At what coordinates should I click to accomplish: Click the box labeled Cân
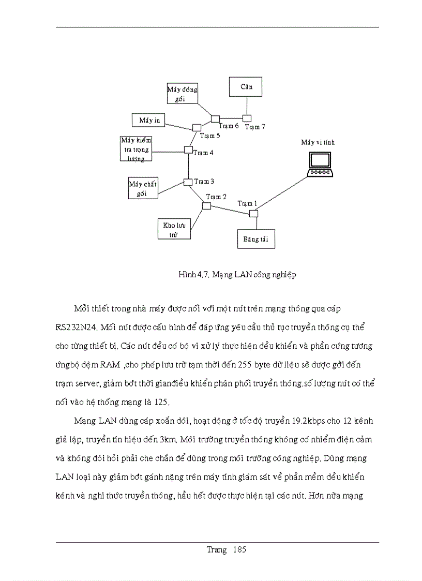[x=246, y=87]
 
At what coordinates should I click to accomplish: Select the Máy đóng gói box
[x=183, y=94]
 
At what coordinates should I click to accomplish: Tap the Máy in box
[x=149, y=121]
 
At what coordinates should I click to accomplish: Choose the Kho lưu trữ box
[x=174, y=229]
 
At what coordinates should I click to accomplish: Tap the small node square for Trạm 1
[x=253, y=214]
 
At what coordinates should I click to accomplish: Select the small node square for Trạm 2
[x=206, y=206]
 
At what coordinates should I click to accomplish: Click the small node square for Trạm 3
[x=188, y=182]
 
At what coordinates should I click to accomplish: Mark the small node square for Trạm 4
[x=188, y=150]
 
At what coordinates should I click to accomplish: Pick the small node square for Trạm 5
[x=197, y=127]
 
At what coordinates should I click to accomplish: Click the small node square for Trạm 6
[x=215, y=119]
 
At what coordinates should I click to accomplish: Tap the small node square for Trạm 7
[x=247, y=118]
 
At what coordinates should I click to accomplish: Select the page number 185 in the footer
[x=239, y=550]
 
